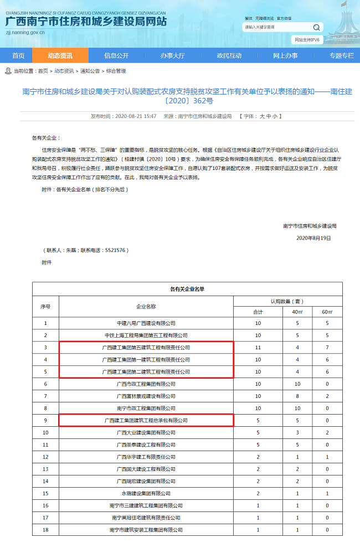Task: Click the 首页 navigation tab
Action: pyautogui.click(x=18, y=55)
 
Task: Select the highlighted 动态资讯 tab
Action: pyautogui.click(x=60, y=55)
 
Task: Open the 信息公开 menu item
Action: pyautogui.click(x=116, y=55)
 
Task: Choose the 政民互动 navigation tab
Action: pyautogui.click(x=229, y=55)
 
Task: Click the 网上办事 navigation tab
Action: pyautogui.click(x=285, y=55)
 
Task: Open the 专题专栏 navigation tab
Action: pyautogui.click(x=341, y=55)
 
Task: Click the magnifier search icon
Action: pyautogui.click(x=316, y=27)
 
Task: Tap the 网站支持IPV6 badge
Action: pyautogui.click(x=307, y=40)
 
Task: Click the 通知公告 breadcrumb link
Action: pyautogui.click(x=90, y=71)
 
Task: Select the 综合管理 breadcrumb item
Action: pyautogui.click(x=116, y=71)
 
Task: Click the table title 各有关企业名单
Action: pyautogui.click(x=187, y=288)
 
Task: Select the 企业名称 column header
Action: pyautogui.click(x=146, y=306)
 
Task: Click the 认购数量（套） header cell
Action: pyautogui.click(x=287, y=301)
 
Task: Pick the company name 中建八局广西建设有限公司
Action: pyautogui.click(x=146, y=323)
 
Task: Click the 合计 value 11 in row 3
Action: pyautogui.click(x=258, y=348)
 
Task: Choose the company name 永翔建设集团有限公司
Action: pyautogui.click(x=146, y=493)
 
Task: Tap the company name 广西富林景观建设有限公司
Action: pyautogui.click(x=146, y=396)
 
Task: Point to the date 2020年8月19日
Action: pyautogui.click(x=313, y=238)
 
